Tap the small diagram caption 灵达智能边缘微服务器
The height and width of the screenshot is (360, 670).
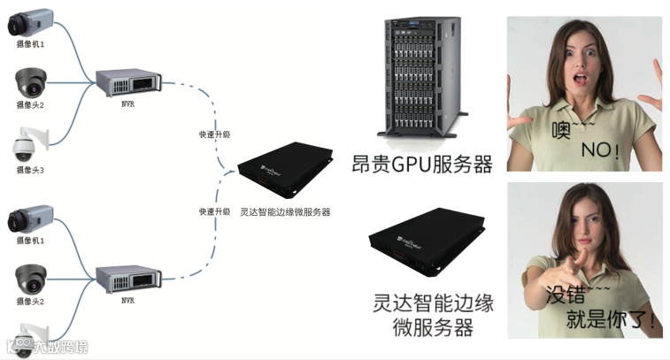click(285, 212)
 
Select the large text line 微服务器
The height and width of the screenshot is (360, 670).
click(432, 327)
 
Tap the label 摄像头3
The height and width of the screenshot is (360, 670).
click(29, 169)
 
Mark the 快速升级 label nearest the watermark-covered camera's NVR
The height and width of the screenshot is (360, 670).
click(214, 211)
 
